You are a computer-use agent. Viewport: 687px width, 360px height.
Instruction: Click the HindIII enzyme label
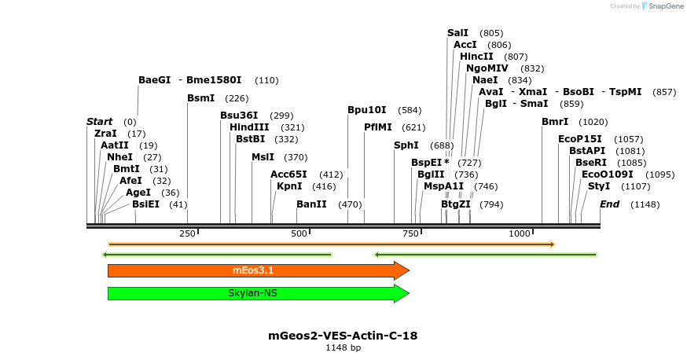(249, 127)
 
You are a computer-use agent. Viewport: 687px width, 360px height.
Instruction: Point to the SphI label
(406, 145)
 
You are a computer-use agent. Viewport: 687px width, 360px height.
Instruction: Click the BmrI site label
(555, 122)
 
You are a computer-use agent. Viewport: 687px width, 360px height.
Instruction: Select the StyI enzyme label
(599, 186)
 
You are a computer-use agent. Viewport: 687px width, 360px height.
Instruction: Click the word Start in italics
(100, 122)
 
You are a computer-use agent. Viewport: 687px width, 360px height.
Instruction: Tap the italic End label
(610, 204)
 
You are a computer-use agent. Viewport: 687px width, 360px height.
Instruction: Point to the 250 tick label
(187, 234)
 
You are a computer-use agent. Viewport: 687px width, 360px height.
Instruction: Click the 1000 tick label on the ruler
(520, 234)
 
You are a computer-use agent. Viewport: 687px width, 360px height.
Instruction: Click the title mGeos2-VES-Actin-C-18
(343, 336)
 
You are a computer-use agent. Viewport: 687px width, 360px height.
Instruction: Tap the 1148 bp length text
(343, 347)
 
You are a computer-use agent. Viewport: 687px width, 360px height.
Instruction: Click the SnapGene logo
(663, 6)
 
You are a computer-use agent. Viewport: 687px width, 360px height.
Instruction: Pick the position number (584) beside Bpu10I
(410, 110)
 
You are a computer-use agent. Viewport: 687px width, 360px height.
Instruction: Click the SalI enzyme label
(457, 33)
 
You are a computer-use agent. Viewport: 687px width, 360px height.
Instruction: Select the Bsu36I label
(239, 116)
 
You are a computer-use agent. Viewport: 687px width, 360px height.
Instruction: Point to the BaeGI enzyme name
(154, 80)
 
